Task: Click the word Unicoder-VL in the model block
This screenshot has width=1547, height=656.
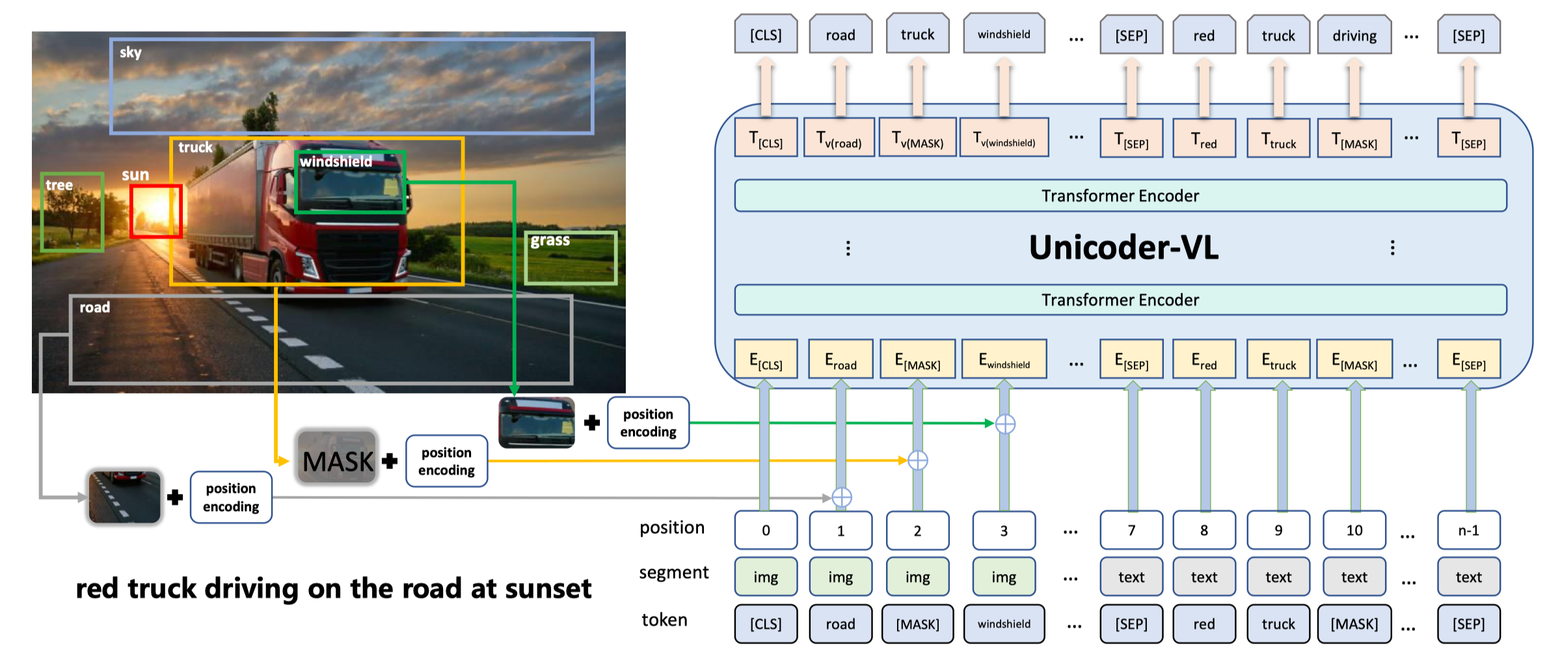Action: click(x=1123, y=248)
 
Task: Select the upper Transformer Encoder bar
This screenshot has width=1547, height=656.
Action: click(x=1120, y=196)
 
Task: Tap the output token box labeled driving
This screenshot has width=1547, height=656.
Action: click(x=1354, y=35)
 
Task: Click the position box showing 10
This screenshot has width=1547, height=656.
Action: click(x=1354, y=530)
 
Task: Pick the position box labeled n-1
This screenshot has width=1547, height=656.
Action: click(x=1469, y=530)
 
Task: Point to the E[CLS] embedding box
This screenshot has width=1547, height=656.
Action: click(x=766, y=359)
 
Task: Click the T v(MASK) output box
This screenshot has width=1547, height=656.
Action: click(x=917, y=138)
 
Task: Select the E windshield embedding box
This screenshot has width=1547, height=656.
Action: click(x=1004, y=359)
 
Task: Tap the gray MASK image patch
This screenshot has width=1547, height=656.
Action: click(x=337, y=458)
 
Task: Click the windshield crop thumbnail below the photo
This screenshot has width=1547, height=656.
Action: click(x=537, y=422)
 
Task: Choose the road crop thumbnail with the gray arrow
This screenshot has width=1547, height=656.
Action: click(x=125, y=497)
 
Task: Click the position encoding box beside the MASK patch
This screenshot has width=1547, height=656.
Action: click(x=446, y=461)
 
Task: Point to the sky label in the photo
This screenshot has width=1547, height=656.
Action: click(x=130, y=53)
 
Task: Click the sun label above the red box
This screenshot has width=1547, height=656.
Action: click(x=135, y=175)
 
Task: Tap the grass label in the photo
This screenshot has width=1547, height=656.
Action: click(x=550, y=241)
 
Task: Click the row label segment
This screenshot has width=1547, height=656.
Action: click(x=673, y=573)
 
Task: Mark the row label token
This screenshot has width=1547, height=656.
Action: click(x=664, y=620)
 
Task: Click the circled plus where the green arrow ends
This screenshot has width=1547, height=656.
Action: click(x=1005, y=424)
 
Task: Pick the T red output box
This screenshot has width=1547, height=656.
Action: click(x=1204, y=139)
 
